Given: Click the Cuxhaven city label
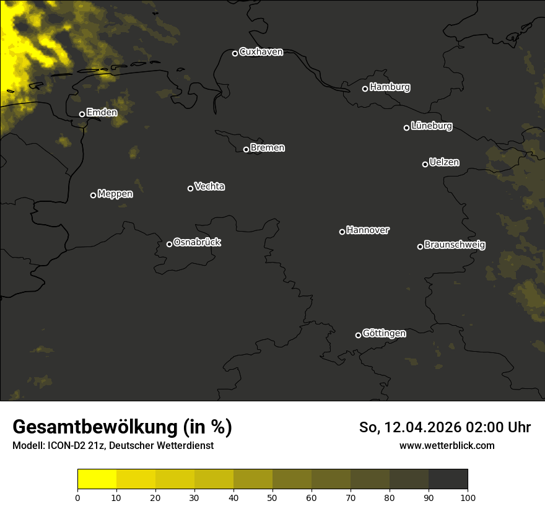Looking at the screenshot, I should pos(261,52).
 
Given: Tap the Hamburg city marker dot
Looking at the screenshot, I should pos(365,89).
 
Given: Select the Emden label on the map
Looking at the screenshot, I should pos(102,113).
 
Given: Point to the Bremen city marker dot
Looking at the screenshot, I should pos(246,149).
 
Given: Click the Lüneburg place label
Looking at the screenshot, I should pos(431,126).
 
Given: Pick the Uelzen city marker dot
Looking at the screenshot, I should pos(425,164).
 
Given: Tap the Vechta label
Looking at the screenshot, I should pos(209,186).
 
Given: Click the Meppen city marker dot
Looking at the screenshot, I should pos(93,195).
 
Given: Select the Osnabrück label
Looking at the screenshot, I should pos(197,242).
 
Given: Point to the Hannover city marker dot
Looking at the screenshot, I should pos(342,232).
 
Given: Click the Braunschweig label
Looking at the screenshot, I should pos(455,245).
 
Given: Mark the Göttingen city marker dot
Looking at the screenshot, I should pos(358,335).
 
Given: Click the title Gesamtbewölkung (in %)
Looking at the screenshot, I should pos(122,427).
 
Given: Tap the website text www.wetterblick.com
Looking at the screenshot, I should pos(447,446).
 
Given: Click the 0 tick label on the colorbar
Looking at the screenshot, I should pos(77,497).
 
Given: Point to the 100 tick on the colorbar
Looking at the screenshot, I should pos(468,497).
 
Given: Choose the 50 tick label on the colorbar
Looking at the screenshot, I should pos(272,497).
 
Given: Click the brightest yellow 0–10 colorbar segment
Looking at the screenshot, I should pos(97,479).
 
